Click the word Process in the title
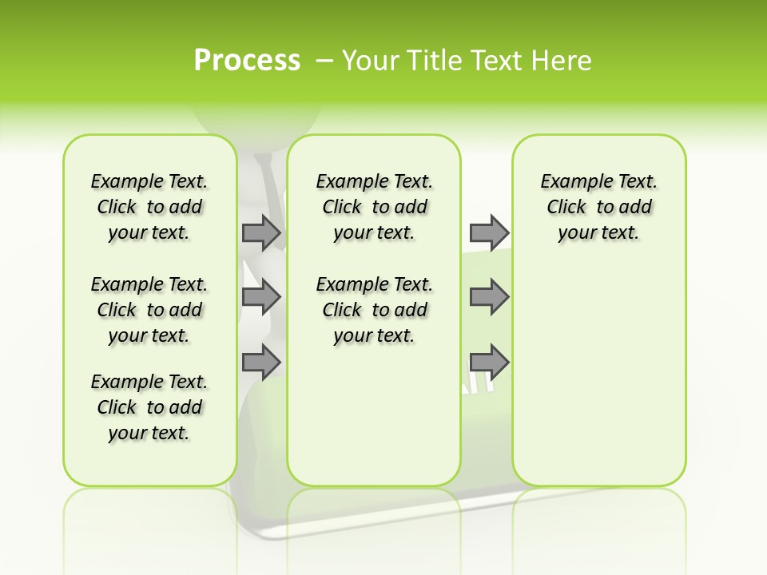247,61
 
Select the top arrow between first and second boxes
261,232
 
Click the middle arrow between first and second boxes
261,297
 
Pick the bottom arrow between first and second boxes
261,362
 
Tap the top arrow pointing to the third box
489,232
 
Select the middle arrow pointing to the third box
489,297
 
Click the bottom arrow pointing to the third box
489,362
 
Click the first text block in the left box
149,207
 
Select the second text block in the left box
149,310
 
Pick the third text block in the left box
149,407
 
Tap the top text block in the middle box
374,207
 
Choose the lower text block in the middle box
374,310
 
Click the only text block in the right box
598,207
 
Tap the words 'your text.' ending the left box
149,433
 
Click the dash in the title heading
324,61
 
